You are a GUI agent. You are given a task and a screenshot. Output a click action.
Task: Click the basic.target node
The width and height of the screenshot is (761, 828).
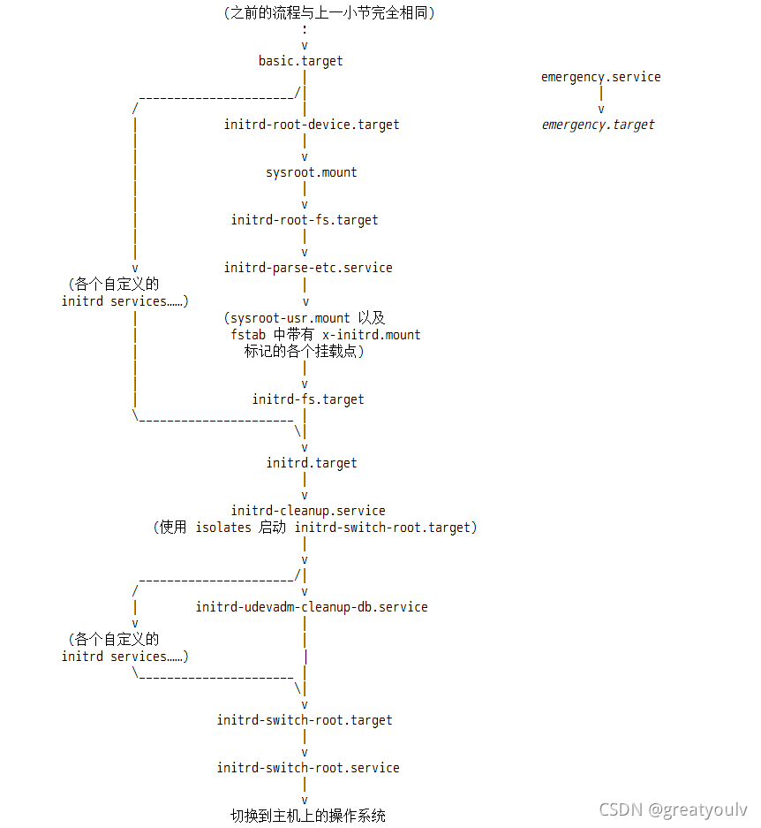300,61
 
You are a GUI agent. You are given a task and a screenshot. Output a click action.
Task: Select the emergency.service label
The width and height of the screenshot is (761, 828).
600,77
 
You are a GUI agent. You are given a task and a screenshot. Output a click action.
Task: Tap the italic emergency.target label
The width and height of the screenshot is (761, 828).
598,125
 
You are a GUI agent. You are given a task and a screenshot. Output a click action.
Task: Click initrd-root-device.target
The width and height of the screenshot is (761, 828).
311,125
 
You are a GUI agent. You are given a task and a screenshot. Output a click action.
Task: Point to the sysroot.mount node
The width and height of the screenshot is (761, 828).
311,172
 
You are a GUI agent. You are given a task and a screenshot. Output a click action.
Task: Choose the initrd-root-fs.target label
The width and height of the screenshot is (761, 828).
305,220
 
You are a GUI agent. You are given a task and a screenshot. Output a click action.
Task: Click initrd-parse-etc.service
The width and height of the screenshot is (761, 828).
307,268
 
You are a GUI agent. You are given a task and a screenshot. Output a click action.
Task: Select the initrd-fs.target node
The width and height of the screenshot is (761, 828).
307,399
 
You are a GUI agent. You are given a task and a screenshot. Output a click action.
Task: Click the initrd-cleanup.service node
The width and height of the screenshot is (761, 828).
307,511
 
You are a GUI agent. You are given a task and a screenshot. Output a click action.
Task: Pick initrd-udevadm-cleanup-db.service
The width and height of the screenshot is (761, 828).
311,607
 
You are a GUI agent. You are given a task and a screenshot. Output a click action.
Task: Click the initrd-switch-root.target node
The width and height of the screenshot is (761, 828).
305,720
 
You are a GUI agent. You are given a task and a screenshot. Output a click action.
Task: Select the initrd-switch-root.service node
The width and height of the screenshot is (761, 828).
307,768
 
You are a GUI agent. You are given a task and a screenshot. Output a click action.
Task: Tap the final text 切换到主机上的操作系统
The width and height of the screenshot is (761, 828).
307,815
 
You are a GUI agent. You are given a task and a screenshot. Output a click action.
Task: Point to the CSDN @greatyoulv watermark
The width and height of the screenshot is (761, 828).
673,809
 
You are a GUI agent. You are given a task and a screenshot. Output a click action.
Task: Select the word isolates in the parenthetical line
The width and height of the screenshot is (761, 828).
222,528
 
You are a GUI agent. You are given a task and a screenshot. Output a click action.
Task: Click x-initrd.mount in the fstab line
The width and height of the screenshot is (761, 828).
371,335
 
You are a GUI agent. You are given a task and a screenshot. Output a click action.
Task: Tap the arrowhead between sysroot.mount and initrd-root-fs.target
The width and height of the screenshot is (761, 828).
305,205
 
